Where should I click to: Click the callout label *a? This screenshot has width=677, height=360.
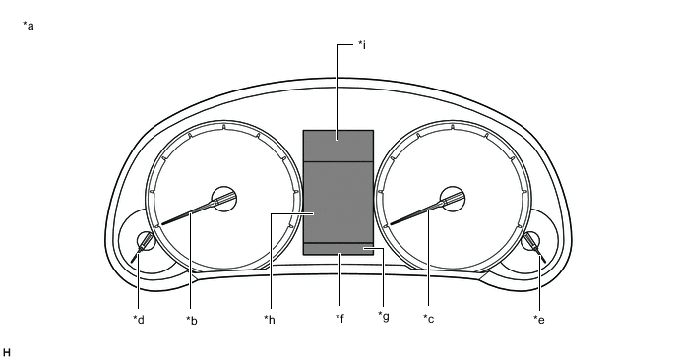coord(29,26)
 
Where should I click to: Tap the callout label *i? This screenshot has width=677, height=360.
coord(362,45)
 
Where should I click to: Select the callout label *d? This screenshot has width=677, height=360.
coord(140,319)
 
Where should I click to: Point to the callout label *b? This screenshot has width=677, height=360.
coord(192,319)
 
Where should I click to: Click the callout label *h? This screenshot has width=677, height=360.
coord(270,319)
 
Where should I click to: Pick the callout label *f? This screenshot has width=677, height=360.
coord(339,319)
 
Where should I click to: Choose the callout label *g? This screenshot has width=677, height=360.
coord(383,316)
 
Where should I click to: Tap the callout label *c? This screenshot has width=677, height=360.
coord(428,319)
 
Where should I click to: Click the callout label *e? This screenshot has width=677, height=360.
coord(538,319)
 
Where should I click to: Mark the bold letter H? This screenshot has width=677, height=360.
coord(7,351)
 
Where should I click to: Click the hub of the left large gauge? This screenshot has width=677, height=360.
coord(224,198)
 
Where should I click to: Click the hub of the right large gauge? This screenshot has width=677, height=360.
coord(453,198)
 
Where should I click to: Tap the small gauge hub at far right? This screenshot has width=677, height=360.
coord(531,241)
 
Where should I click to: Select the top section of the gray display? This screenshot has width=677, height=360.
coord(338,145)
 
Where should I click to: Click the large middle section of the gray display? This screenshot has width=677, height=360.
coord(338,202)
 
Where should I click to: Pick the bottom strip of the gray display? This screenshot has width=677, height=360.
coord(338,248)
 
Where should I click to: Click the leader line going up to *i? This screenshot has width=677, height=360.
coord(338,89)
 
